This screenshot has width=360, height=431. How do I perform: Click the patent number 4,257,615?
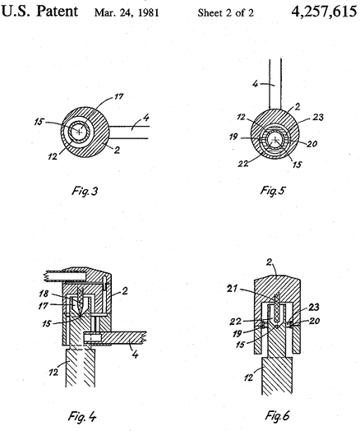pos(324,12)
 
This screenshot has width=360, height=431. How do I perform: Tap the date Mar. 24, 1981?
pos(127,13)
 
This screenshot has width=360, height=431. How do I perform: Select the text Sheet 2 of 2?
pos(226,13)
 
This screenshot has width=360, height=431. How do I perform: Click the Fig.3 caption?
pos(85,191)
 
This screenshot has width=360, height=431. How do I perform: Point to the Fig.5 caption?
pos(273,190)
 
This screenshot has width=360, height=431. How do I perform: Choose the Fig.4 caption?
pos(82,416)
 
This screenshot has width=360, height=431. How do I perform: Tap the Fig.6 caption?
pos(277,415)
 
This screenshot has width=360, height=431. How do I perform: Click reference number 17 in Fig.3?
pos(118,97)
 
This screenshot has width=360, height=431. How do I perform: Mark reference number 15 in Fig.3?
pos(39,122)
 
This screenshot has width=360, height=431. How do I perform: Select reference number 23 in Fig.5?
pos(318,118)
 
